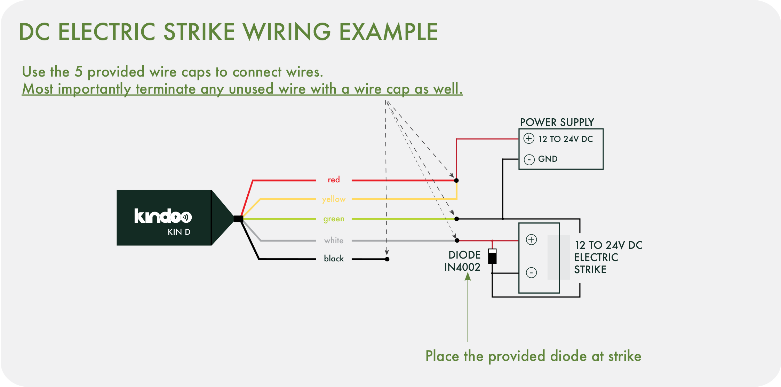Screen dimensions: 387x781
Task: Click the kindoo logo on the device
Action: [x=163, y=216]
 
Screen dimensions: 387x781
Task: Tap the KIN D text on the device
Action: [x=179, y=232]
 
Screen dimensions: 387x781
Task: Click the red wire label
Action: [x=334, y=180]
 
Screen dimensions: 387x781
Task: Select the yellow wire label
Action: [x=334, y=199]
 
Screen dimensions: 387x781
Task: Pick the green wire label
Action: [x=334, y=219]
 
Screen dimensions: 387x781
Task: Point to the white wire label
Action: [x=334, y=240]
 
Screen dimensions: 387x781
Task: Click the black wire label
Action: [x=334, y=259]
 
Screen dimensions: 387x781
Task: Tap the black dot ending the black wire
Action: [x=387, y=259]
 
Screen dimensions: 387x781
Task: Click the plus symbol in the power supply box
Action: [x=529, y=139]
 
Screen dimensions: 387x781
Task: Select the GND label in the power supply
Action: [x=548, y=159]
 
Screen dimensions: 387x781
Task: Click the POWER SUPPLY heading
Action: [x=557, y=123]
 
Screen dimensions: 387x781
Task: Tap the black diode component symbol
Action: [x=492, y=256]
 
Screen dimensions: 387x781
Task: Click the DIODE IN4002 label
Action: [x=463, y=261]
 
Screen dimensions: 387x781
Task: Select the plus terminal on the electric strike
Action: [x=531, y=240]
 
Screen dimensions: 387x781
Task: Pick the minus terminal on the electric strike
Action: [x=531, y=273]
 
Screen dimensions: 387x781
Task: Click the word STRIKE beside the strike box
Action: [x=590, y=270]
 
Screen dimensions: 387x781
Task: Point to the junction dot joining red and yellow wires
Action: [x=456, y=180]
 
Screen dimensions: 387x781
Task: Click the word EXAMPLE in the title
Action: [x=388, y=32]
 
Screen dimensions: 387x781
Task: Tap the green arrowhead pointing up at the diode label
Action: [x=468, y=276]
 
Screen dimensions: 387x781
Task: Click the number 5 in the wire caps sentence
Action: [x=79, y=72]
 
